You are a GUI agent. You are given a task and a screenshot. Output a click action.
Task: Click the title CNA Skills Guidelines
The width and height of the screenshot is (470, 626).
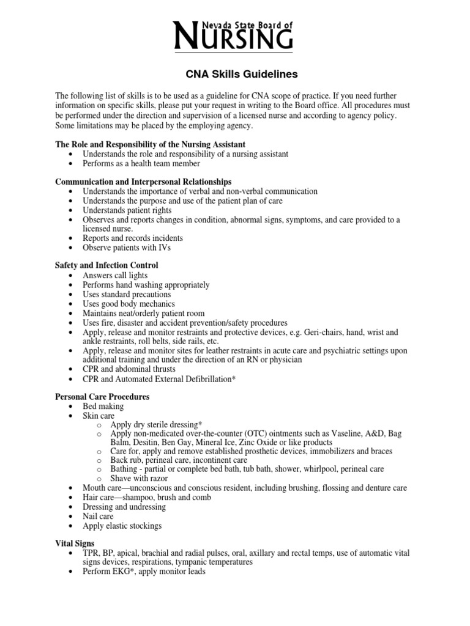click(x=233, y=74)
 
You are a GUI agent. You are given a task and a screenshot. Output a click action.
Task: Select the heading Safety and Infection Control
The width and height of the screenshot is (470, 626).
click(x=106, y=265)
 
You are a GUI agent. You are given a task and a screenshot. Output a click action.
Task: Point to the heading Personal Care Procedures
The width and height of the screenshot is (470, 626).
click(x=102, y=397)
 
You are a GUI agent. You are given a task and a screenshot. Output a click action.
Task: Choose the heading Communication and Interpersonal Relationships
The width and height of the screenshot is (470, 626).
click(x=143, y=182)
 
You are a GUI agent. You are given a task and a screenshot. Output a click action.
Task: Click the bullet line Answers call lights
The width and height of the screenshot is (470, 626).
click(x=115, y=275)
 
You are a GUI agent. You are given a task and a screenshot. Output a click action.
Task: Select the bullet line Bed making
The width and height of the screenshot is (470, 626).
click(x=103, y=407)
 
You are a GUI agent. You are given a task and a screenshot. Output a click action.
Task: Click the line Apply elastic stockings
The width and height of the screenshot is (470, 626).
click(x=122, y=526)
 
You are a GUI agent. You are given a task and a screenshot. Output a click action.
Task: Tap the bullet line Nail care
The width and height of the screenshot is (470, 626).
click(x=98, y=517)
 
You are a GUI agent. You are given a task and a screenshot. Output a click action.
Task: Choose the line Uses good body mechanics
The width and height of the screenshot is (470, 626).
click(x=129, y=304)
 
